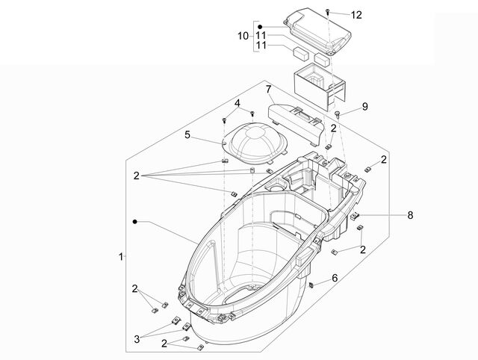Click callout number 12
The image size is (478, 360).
[356, 15]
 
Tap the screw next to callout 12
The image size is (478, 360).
[328, 12]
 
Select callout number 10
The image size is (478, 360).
[243, 36]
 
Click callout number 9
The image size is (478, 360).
[365, 106]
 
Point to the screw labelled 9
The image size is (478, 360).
[338, 114]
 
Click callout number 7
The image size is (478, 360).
[268, 90]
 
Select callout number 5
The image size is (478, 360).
[187, 134]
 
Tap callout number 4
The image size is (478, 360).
[238, 103]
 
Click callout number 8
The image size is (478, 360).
[410, 215]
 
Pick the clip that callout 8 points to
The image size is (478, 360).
[355, 216]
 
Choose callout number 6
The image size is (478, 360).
[335, 278]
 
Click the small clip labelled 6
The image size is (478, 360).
[311, 285]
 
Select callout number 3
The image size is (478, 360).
[137, 338]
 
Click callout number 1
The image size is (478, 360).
[121, 257]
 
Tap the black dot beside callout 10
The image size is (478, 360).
[260, 27]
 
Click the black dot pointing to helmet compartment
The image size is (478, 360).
[134, 221]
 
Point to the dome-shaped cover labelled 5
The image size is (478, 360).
[255, 140]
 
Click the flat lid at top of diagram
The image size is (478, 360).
[318, 31]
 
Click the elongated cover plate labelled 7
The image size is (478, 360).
[294, 122]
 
